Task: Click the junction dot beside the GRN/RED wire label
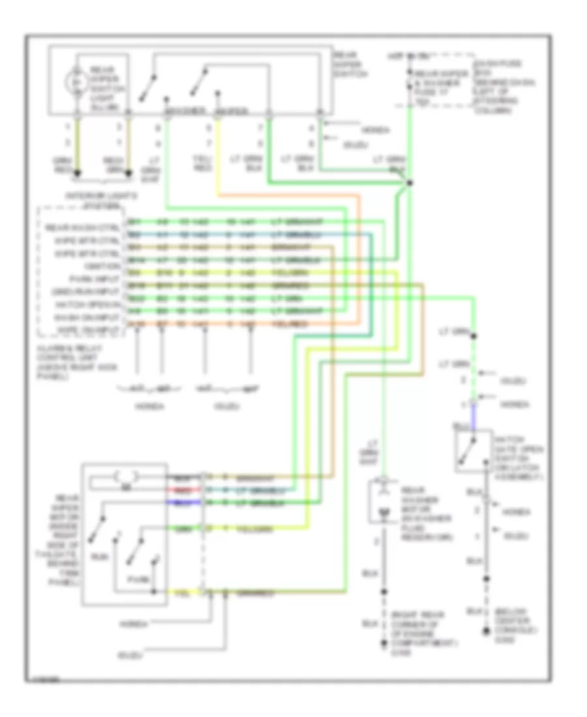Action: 78,173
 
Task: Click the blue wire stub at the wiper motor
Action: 179,503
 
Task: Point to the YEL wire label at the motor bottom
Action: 176,593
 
